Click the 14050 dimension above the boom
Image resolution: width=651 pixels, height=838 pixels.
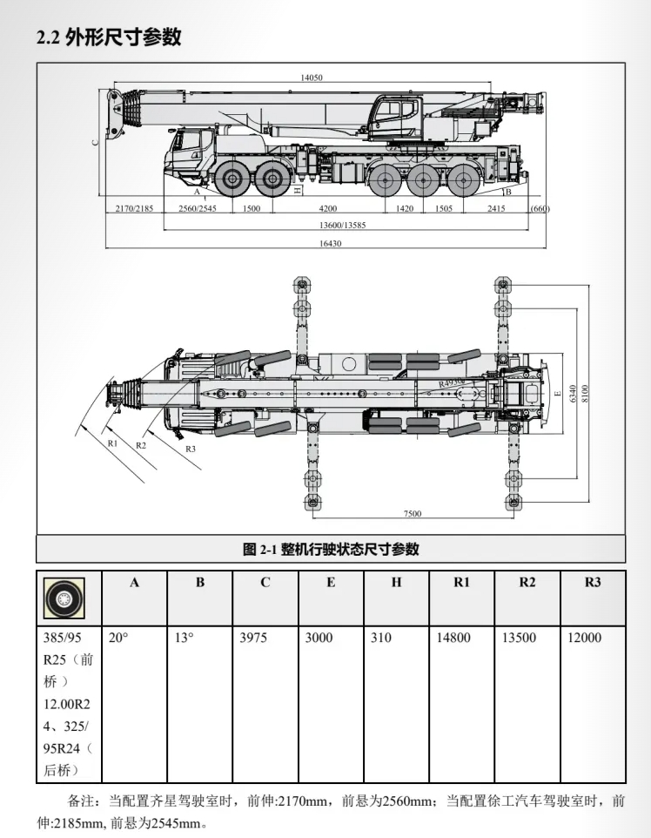pyautogui.click(x=312, y=78)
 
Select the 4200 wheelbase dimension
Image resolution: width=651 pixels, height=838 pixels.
pyautogui.click(x=328, y=209)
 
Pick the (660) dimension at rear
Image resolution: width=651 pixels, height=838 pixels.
pyautogui.click(x=540, y=209)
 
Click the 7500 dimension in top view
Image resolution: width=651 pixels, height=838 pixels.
pyautogui.click(x=413, y=513)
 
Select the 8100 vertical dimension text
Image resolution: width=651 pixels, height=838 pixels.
pyautogui.click(x=586, y=393)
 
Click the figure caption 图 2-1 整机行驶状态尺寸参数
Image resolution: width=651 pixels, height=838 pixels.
pyautogui.click(x=331, y=549)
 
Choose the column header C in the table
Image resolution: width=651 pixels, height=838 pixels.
pyautogui.click(x=265, y=583)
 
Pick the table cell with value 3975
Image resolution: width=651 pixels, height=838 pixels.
pyautogui.click(x=255, y=638)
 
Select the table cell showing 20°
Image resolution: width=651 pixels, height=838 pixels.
pyautogui.click(x=118, y=638)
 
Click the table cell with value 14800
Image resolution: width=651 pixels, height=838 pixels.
pyautogui.click(x=453, y=638)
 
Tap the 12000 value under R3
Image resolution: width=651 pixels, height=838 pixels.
pyautogui.click(x=584, y=638)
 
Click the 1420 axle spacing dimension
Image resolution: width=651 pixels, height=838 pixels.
pyautogui.click(x=404, y=209)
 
